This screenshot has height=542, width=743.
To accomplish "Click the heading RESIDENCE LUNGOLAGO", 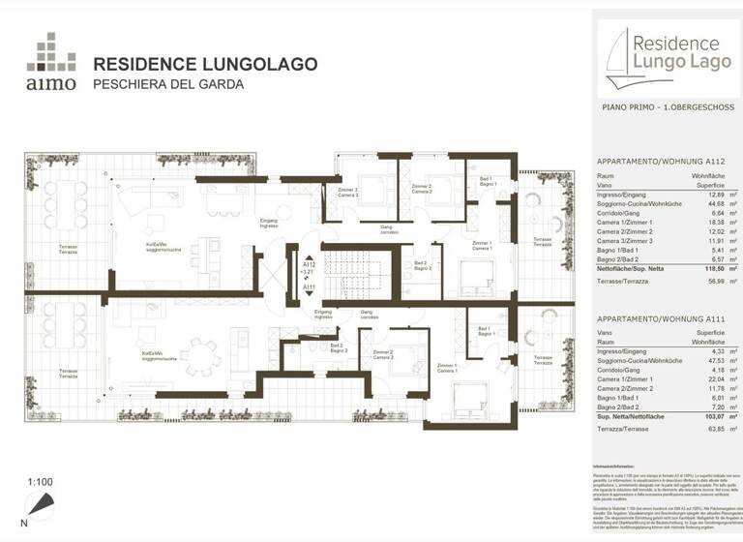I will (205, 65).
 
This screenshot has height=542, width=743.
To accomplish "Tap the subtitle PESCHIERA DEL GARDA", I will (167, 84).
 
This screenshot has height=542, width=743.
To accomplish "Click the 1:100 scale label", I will (40, 481).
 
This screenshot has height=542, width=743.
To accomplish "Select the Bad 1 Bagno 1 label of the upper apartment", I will (487, 182).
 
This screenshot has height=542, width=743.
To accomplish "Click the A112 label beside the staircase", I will (309, 263).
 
